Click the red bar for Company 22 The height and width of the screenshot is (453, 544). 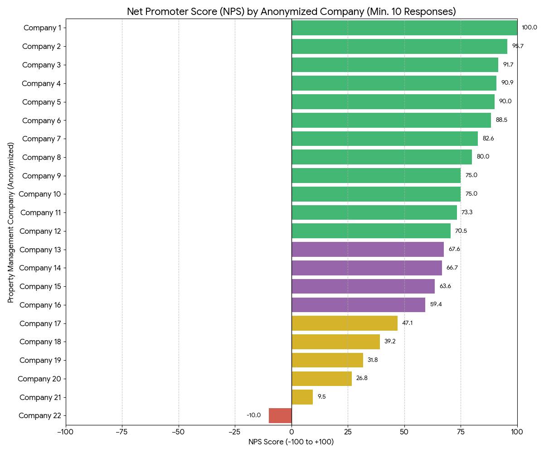pos(280,415)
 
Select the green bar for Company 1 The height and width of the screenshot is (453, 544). pos(404,28)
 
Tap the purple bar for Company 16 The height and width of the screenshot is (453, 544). pos(358,304)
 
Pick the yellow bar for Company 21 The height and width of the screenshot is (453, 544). pos(302,397)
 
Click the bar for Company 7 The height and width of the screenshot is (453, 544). pos(384,139)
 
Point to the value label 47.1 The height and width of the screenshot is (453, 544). pos(407,323)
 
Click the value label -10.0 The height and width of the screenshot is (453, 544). pos(253,415)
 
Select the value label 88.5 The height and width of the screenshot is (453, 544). pos(501,120)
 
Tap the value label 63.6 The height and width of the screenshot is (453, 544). pos(445,286)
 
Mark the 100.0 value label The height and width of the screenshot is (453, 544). pos(529,28)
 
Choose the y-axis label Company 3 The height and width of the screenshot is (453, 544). pos(42,65)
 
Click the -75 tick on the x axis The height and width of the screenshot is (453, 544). pos(122,432)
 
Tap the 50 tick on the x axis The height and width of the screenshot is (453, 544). pos(404,432)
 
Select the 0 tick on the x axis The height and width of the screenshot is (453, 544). pos(291,432)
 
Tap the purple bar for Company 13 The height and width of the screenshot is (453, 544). pos(368,249)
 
